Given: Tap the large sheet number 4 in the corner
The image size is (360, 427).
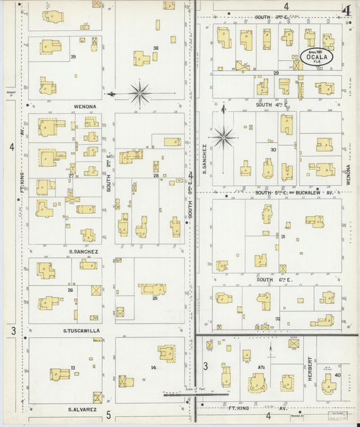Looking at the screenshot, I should click(346, 11).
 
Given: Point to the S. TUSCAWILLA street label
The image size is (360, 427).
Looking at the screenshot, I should click(82, 330).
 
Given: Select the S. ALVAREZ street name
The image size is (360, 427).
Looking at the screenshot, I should click(82, 409).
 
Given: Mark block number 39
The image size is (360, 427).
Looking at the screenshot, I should click(73, 57).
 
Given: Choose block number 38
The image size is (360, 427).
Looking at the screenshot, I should click(155, 48).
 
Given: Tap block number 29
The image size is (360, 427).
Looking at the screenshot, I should click(276, 72).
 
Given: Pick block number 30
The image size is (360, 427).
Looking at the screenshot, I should click(274, 150).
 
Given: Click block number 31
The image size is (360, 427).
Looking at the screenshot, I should click(283, 236).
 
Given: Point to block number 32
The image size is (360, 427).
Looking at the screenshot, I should click(278, 318).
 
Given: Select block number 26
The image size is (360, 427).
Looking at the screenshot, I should click(70, 290).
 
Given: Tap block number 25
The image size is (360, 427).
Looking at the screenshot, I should click(155, 297).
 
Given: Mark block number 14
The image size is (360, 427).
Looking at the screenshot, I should click(153, 368).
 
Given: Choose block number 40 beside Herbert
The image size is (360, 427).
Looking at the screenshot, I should click(336, 376).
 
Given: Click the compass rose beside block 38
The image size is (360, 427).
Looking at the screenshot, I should click(139, 93).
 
